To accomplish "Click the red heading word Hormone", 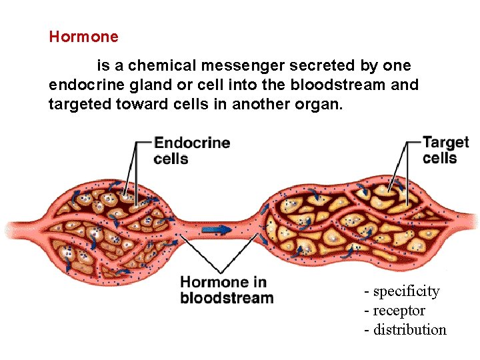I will point(83,37).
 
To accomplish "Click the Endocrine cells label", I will point(191,151).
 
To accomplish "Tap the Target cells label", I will point(445,150).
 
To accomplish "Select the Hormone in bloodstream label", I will point(227,290).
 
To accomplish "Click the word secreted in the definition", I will point(326,66).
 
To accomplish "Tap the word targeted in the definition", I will point(76,103).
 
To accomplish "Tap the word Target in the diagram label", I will point(446,143).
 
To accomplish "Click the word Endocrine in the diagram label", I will point(192,143).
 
